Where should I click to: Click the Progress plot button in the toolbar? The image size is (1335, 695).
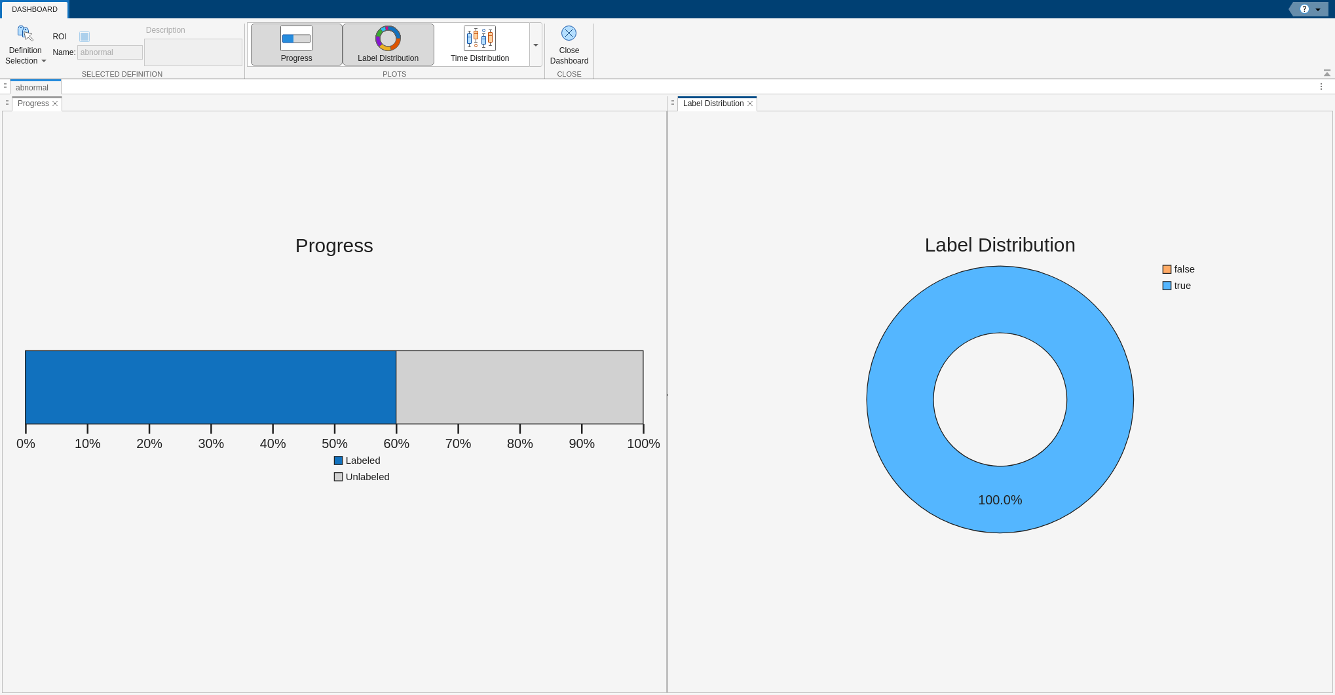(296, 45)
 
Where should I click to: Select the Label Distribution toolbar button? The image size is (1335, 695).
(388, 45)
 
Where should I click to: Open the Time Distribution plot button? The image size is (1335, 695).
(479, 45)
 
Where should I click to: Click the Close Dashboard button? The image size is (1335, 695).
(569, 45)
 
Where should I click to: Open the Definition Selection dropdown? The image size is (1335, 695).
(26, 45)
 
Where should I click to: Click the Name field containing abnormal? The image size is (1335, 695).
(109, 52)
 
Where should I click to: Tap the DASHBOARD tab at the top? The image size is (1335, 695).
(35, 9)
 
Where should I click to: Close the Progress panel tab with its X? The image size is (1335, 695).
(55, 103)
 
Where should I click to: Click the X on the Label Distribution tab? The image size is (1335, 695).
(750, 103)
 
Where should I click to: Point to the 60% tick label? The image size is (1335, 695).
(396, 443)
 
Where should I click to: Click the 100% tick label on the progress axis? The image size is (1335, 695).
(643, 443)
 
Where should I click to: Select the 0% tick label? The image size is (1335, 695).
(26, 443)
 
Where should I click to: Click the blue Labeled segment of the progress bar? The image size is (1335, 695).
(211, 387)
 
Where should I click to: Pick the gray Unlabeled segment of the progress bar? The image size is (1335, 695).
(519, 387)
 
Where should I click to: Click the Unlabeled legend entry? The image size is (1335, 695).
(362, 477)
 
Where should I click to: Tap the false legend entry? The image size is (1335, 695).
(1178, 269)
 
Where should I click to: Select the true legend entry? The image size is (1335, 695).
(1176, 286)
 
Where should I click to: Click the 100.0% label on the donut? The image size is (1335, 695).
(1000, 500)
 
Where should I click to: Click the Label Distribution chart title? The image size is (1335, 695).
(1000, 245)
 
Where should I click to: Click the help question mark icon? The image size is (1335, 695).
(1304, 9)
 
